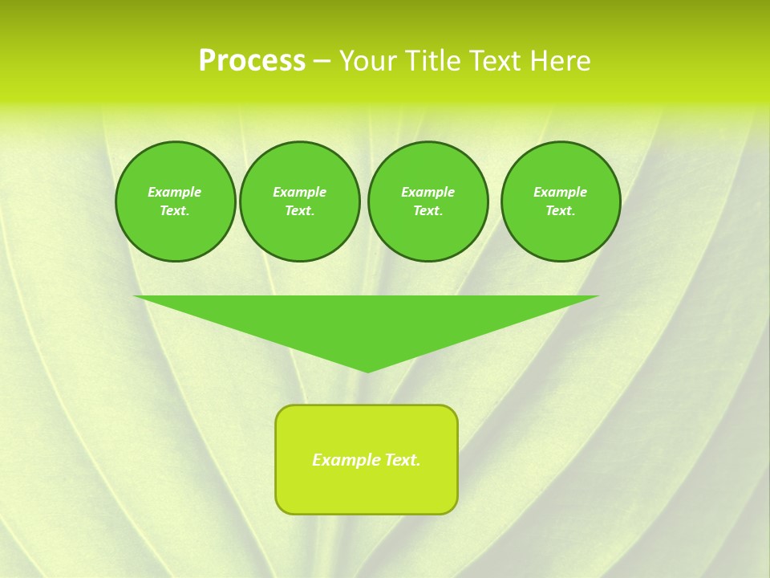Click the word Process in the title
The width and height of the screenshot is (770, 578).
[252, 61]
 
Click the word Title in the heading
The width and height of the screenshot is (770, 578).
[432, 61]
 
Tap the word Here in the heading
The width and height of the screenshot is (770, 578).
[559, 61]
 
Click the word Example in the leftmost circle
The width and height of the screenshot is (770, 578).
[175, 192]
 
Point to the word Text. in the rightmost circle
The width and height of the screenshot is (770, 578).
[561, 210]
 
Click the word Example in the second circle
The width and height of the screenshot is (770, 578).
[299, 192]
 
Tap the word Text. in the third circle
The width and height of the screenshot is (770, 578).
[428, 210]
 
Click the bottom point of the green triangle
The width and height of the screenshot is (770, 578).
[367, 370]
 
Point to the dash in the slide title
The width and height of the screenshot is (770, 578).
[322, 62]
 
